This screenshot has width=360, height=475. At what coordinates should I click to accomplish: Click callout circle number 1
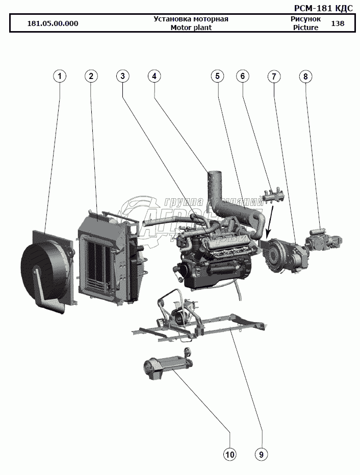coord(60,76)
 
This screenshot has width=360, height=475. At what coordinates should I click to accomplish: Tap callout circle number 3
coord(122,76)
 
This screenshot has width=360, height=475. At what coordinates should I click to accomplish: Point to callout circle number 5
coord(217,76)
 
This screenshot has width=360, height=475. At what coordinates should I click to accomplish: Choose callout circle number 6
coord(242,76)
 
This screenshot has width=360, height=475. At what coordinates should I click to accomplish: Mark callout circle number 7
coord(274,76)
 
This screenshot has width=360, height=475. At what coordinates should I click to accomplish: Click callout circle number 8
coord(305,76)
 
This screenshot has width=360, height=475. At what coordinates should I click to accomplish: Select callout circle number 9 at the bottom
coord(261,454)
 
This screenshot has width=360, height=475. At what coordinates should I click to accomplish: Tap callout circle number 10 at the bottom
coord(229,454)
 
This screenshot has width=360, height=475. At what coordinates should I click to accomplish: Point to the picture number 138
coord(338,23)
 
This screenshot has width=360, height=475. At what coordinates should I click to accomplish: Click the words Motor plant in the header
coord(191,28)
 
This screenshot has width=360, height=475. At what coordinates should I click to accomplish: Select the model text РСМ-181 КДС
coord(323,8)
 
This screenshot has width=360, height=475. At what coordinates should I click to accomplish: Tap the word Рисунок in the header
coord(305,19)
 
